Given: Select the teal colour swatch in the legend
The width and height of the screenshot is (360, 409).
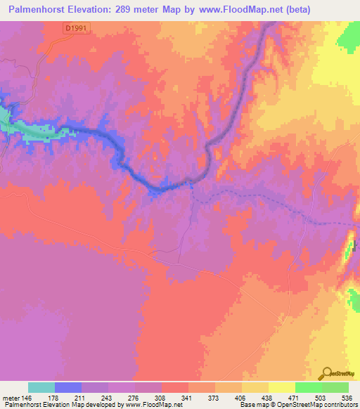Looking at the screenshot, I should [41, 387].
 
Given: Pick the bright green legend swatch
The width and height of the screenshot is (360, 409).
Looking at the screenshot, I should [308, 387].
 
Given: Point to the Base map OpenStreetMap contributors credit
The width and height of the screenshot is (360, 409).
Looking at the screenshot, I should [297, 404].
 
